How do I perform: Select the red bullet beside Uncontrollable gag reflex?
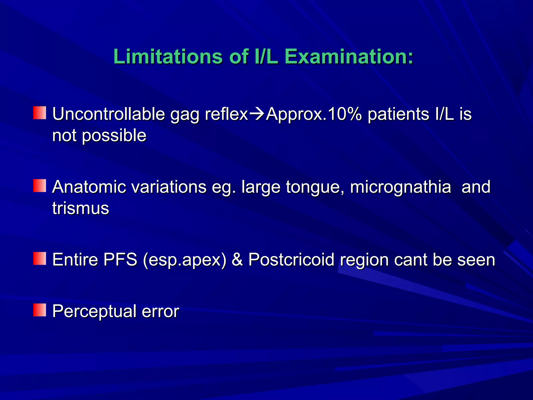pyautogui.click(x=40, y=113)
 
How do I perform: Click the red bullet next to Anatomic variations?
pyautogui.click(x=40, y=186)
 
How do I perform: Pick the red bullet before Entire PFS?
pyautogui.click(x=40, y=258)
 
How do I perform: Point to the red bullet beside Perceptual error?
pyautogui.click(x=40, y=310)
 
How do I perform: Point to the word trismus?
pyautogui.click(x=80, y=208)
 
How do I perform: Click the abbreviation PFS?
pyautogui.click(x=120, y=260)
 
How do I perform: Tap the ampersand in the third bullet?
pyautogui.click(x=237, y=260)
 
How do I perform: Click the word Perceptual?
pyautogui.click(x=94, y=311)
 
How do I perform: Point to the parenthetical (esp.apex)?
pyautogui.click(x=185, y=260)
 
